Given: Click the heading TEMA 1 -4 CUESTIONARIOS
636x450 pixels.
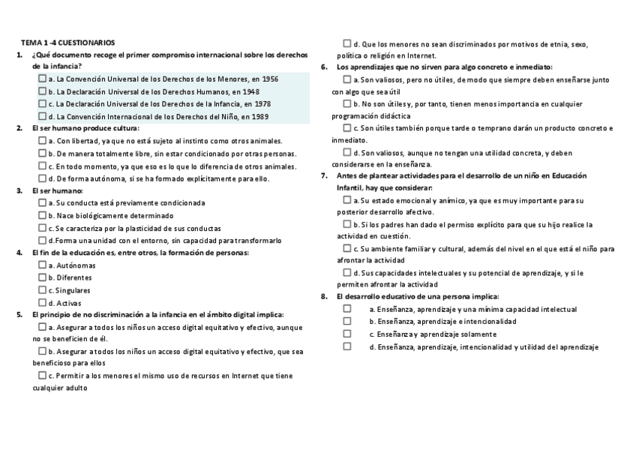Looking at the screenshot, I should tap(67, 43).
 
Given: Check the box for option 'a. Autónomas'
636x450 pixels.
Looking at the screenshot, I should tap(42, 265).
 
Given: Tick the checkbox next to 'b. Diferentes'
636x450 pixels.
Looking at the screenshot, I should tap(42, 277).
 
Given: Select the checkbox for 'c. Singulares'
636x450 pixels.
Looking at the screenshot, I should tap(42, 289).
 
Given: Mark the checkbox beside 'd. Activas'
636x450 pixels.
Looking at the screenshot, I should tap(42, 302).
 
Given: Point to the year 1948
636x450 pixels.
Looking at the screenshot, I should tap(262, 91).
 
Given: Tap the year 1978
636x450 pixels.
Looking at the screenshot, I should tap(262, 103).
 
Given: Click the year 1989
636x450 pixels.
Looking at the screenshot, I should tap(260, 116).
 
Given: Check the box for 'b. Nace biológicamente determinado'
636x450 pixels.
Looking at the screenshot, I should tap(42, 215).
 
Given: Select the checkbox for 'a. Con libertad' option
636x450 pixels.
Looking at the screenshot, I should tap(42, 141).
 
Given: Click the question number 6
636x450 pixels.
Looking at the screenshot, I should tap(323, 67).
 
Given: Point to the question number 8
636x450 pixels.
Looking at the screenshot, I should tap(323, 296).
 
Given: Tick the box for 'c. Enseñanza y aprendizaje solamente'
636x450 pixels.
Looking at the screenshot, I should tap(347, 334).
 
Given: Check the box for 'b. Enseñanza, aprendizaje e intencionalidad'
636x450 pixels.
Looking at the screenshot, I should tap(347, 321).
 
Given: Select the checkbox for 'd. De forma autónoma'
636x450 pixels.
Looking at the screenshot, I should tap(42, 178).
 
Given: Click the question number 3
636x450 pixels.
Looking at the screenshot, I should tap(19, 190).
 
